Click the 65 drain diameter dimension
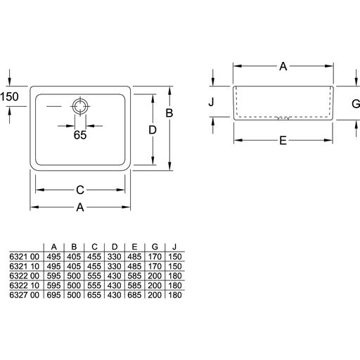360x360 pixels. [80, 135]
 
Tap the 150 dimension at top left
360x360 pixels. [9, 96]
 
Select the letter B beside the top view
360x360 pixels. [169, 113]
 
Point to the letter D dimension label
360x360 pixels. [153, 130]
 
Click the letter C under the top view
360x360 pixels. [80, 190]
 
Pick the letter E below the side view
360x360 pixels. [283, 141]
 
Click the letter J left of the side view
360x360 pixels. [211, 102]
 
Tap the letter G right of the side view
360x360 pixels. [356, 103]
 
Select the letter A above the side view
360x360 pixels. [283, 67]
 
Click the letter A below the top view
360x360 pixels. [80, 207]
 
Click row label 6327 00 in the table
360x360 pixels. [25, 295]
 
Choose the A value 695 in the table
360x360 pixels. [53, 295]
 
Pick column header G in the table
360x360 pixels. [155, 247]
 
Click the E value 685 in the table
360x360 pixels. [134, 295]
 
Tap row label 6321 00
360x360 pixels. [25, 257]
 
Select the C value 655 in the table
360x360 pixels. [94, 295]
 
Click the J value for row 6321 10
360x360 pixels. [175, 266]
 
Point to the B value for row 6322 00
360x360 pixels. [74, 276]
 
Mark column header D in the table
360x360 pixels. [115, 247]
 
